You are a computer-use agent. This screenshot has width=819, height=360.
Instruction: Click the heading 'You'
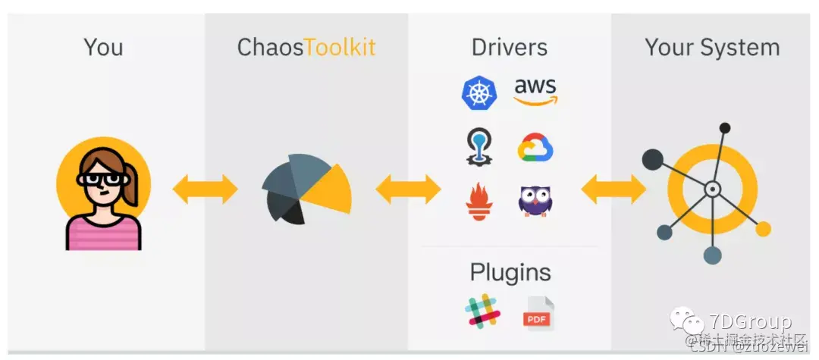103,48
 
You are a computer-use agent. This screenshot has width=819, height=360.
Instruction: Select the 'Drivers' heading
509,48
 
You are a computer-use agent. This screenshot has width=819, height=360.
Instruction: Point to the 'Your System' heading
712,48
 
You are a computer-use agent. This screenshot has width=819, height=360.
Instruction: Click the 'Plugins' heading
510,272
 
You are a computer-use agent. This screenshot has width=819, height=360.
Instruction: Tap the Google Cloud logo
535,148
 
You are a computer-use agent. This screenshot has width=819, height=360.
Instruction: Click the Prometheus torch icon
479,202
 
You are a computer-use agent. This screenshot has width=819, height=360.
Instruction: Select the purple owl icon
535,201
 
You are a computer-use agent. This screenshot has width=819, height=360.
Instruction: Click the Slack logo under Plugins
482,311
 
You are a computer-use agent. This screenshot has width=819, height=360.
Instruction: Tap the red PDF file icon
538,313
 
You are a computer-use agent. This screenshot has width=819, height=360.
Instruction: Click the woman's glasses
102,180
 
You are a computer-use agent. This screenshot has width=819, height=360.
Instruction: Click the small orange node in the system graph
762,229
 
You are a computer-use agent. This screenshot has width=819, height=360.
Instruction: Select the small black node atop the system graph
725,128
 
